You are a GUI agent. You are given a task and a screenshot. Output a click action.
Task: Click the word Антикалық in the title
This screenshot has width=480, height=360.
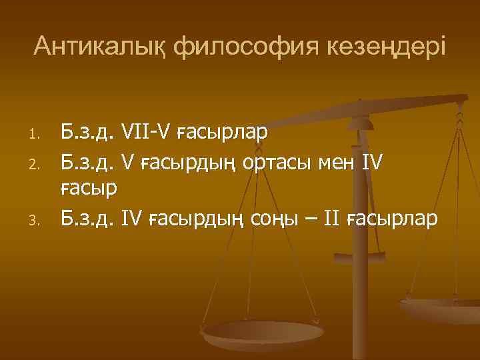click(99, 47)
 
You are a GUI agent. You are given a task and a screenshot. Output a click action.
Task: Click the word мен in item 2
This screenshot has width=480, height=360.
click(351, 162)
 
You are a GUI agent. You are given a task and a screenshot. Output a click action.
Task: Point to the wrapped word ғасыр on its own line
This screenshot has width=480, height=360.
click(89, 189)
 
